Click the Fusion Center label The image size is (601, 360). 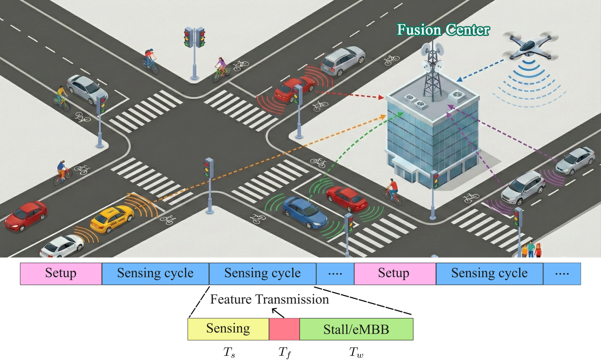pyautogui.click(x=443, y=30)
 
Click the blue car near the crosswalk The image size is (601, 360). pyautogui.click(x=305, y=212)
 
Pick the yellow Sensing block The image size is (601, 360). pyautogui.click(x=228, y=329)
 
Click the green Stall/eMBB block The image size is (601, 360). pyautogui.click(x=356, y=329)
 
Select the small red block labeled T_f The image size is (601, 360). pyautogui.click(x=284, y=329)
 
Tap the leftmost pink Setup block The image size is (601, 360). pyautogui.click(x=61, y=274)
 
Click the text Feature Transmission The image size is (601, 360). pyautogui.click(x=269, y=300)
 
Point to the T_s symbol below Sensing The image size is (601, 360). pyautogui.click(x=229, y=352)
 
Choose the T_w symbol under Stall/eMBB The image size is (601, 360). pyautogui.click(x=356, y=352)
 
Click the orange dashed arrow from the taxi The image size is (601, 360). pyautogui.click(x=270, y=158)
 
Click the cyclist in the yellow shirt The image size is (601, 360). pyautogui.click(x=62, y=98)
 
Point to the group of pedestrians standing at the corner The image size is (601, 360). pyautogui.click(x=531, y=249)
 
